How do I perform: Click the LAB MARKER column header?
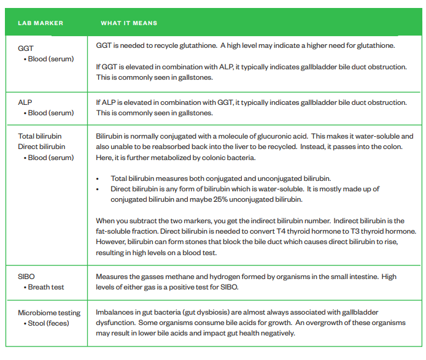click(x=40, y=23)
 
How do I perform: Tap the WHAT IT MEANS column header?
click(x=129, y=23)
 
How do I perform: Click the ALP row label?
click(x=25, y=102)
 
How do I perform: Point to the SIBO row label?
click(x=26, y=277)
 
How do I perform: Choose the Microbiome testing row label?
click(x=49, y=312)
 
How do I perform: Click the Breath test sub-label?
click(x=45, y=287)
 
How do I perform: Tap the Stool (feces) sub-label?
click(x=48, y=323)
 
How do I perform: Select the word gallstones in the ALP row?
click(x=193, y=113)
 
